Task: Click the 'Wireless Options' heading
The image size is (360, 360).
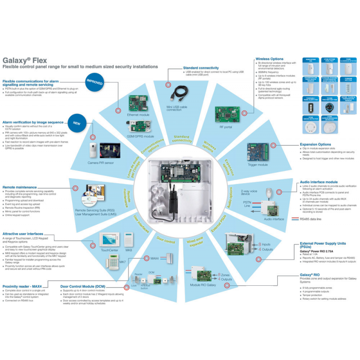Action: tap(269, 59)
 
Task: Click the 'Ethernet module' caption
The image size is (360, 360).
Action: tap(136, 115)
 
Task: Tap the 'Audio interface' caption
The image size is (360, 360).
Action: tap(274, 219)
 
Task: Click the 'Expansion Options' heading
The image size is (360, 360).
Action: tap(315, 144)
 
